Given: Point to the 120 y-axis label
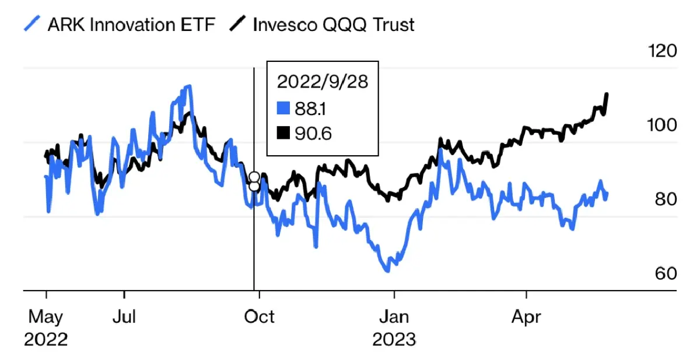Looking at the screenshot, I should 662,51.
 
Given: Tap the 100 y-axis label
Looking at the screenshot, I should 662,125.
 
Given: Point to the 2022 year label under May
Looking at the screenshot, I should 45,339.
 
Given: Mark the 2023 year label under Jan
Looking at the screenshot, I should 395,339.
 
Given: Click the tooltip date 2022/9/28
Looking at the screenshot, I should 323,82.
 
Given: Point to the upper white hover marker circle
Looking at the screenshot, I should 254,177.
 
